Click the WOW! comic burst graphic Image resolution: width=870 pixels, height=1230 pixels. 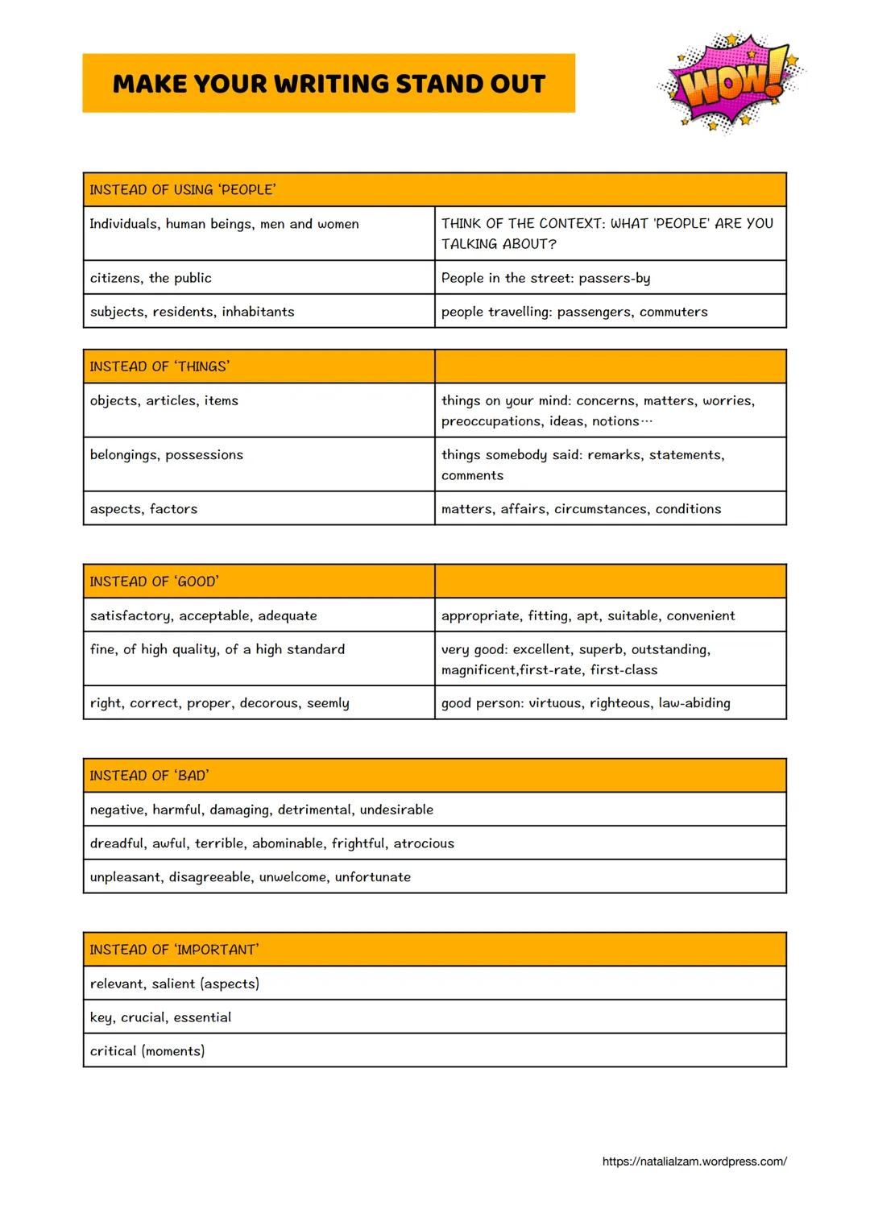[x=731, y=82]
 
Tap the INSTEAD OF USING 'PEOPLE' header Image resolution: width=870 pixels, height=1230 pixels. [x=183, y=190]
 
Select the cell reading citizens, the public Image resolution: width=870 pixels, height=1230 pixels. [x=151, y=278]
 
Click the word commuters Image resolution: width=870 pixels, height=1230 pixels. [x=673, y=312]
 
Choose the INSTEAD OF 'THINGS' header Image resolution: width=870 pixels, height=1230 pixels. [x=159, y=367]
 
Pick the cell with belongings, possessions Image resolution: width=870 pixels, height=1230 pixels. [x=167, y=455]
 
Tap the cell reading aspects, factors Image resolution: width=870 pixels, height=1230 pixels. [x=143, y=509]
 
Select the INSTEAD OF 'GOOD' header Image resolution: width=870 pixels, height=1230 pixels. [x=154, y=582]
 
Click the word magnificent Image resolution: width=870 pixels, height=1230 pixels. [x=479, y=670]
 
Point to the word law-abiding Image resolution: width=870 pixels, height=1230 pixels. [x=694, y=703]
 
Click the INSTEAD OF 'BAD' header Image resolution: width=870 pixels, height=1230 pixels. [x=149, y=776]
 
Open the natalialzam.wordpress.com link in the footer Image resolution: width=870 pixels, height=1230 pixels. [x=694, y=1162]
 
